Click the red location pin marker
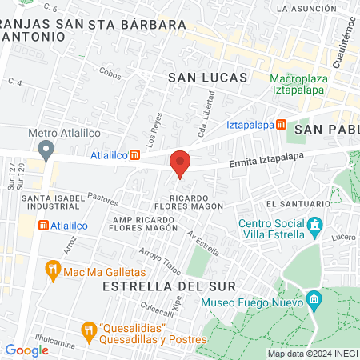point(180,163)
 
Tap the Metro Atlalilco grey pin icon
point(46,149)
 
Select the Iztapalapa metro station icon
point(281,125)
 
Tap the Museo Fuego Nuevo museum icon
point(314,302)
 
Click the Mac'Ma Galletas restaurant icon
point(54,270)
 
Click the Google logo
point(26,350)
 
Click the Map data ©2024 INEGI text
point(311,354)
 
